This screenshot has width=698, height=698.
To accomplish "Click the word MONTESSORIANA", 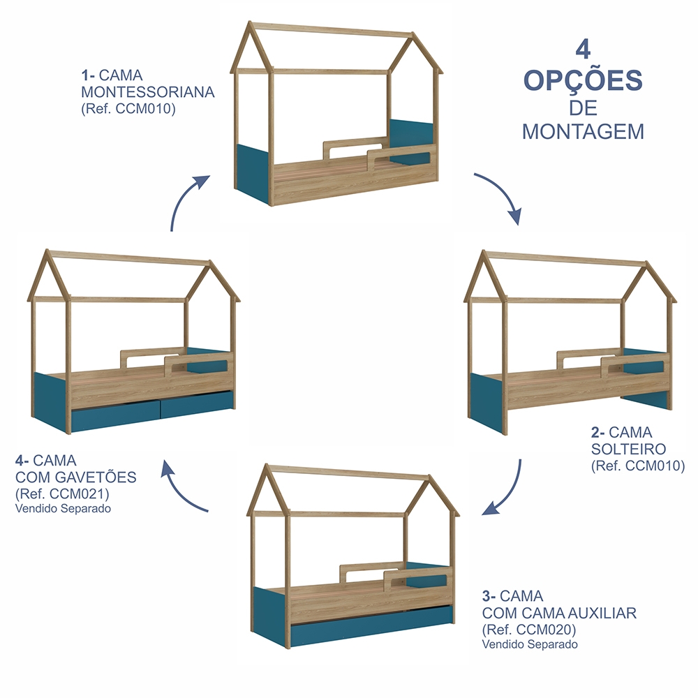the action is tap(148, 92).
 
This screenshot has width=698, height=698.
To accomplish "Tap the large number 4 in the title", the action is tap(583, 50).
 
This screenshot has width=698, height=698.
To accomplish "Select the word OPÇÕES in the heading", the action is tap(583, 80).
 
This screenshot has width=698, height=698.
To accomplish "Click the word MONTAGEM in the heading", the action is tap(583, 132).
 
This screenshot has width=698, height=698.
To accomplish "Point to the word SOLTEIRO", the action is tap(628, 449).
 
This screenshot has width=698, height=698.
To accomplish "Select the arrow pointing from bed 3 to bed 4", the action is tap(180, 489).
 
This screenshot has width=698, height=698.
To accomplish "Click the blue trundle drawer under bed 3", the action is tap(372, 623).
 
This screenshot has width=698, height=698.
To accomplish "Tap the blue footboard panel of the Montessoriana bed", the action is tap(253, 174).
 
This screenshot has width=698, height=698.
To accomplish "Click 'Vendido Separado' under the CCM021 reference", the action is tap(64, 508).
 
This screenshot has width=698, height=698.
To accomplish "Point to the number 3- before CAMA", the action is tap(489, 595).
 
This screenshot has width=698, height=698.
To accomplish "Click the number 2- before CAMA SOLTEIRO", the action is tap(598, 432).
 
